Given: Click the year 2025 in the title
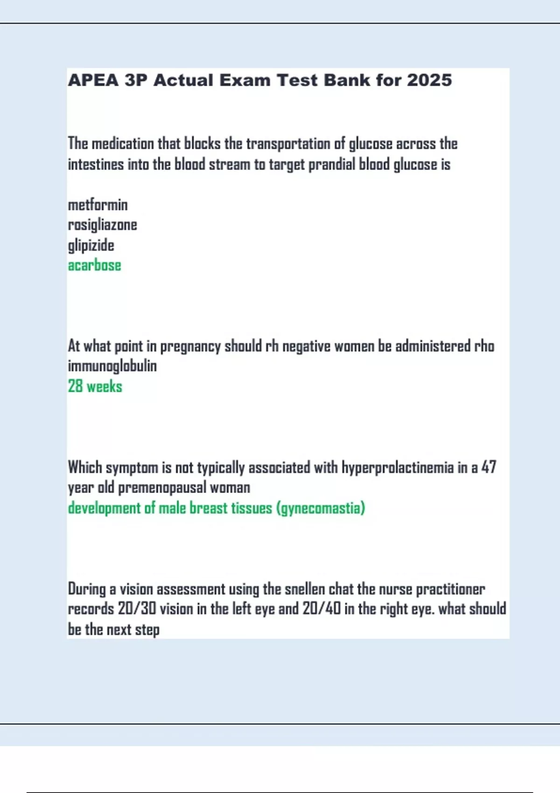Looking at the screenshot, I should [429, 80].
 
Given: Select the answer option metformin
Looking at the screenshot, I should [98, 205].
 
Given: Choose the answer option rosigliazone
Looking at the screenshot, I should [103, 225].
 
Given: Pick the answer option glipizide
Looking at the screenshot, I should [91, 245].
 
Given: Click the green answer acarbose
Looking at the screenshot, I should [94, 265].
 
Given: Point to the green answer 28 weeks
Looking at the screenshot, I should [95, 386].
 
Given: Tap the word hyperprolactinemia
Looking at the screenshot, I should [398, 467].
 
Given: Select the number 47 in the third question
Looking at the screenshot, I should [489, 467].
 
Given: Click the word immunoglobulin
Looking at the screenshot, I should [112, 366].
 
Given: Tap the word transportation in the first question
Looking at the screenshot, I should [288, 144].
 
